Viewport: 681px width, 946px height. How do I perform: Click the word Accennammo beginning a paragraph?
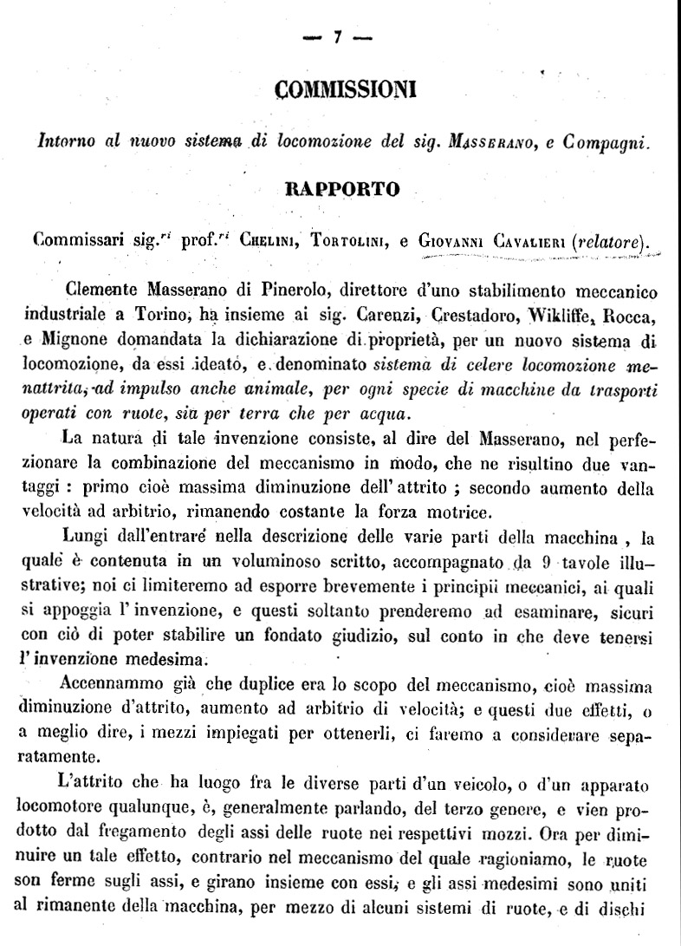[122, 688]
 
